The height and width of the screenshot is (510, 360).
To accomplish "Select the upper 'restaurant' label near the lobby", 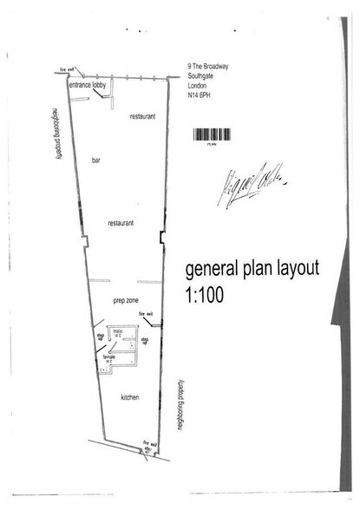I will tap(142, 115).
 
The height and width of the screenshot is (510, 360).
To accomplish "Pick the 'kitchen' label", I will tap(130, 396).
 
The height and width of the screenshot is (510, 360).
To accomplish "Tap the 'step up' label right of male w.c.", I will tap(145, 340).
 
